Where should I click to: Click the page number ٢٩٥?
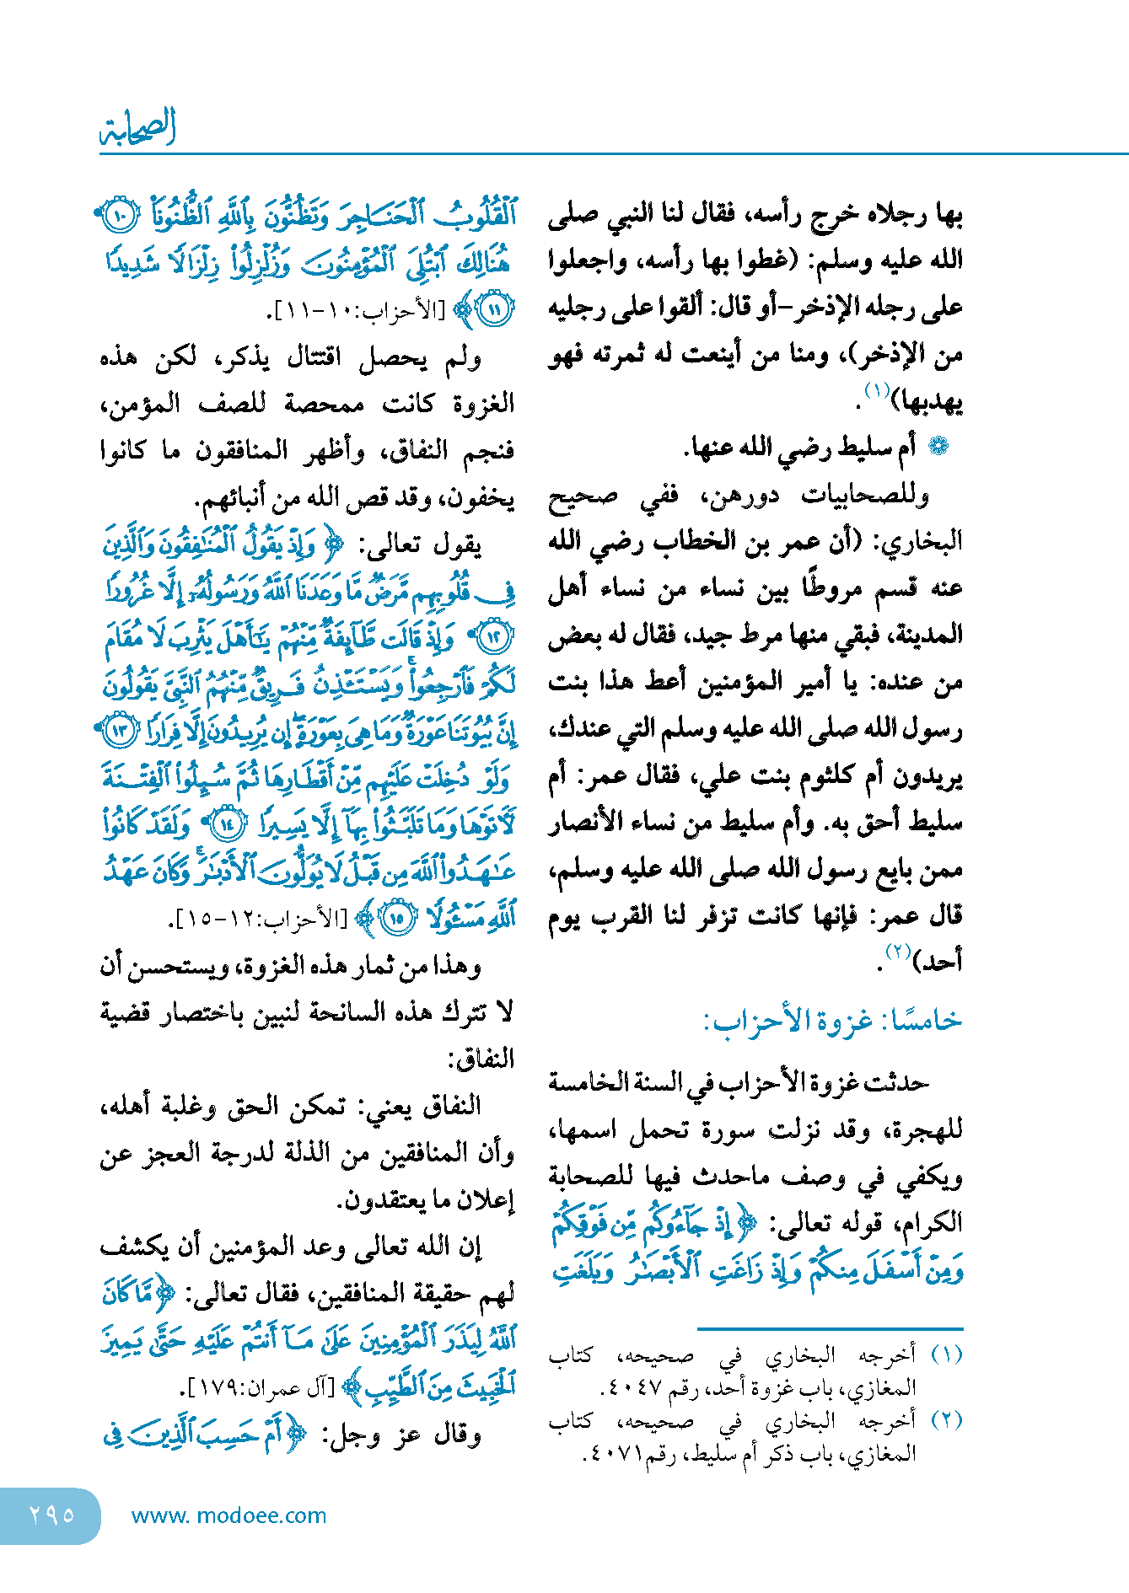pyautogui.click(x=51, y=1515)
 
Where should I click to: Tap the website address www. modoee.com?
pyautogui.click(x=228, y=1515)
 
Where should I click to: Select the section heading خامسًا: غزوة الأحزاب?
pyautogui.click(x=833, y=1021)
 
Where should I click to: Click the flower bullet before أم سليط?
pyautogui.click(x=938, y=446)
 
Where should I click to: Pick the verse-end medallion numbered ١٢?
pyautogui.click(x=494, y=636)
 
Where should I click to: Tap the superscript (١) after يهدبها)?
pyautogui.click(x=877, y=390)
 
